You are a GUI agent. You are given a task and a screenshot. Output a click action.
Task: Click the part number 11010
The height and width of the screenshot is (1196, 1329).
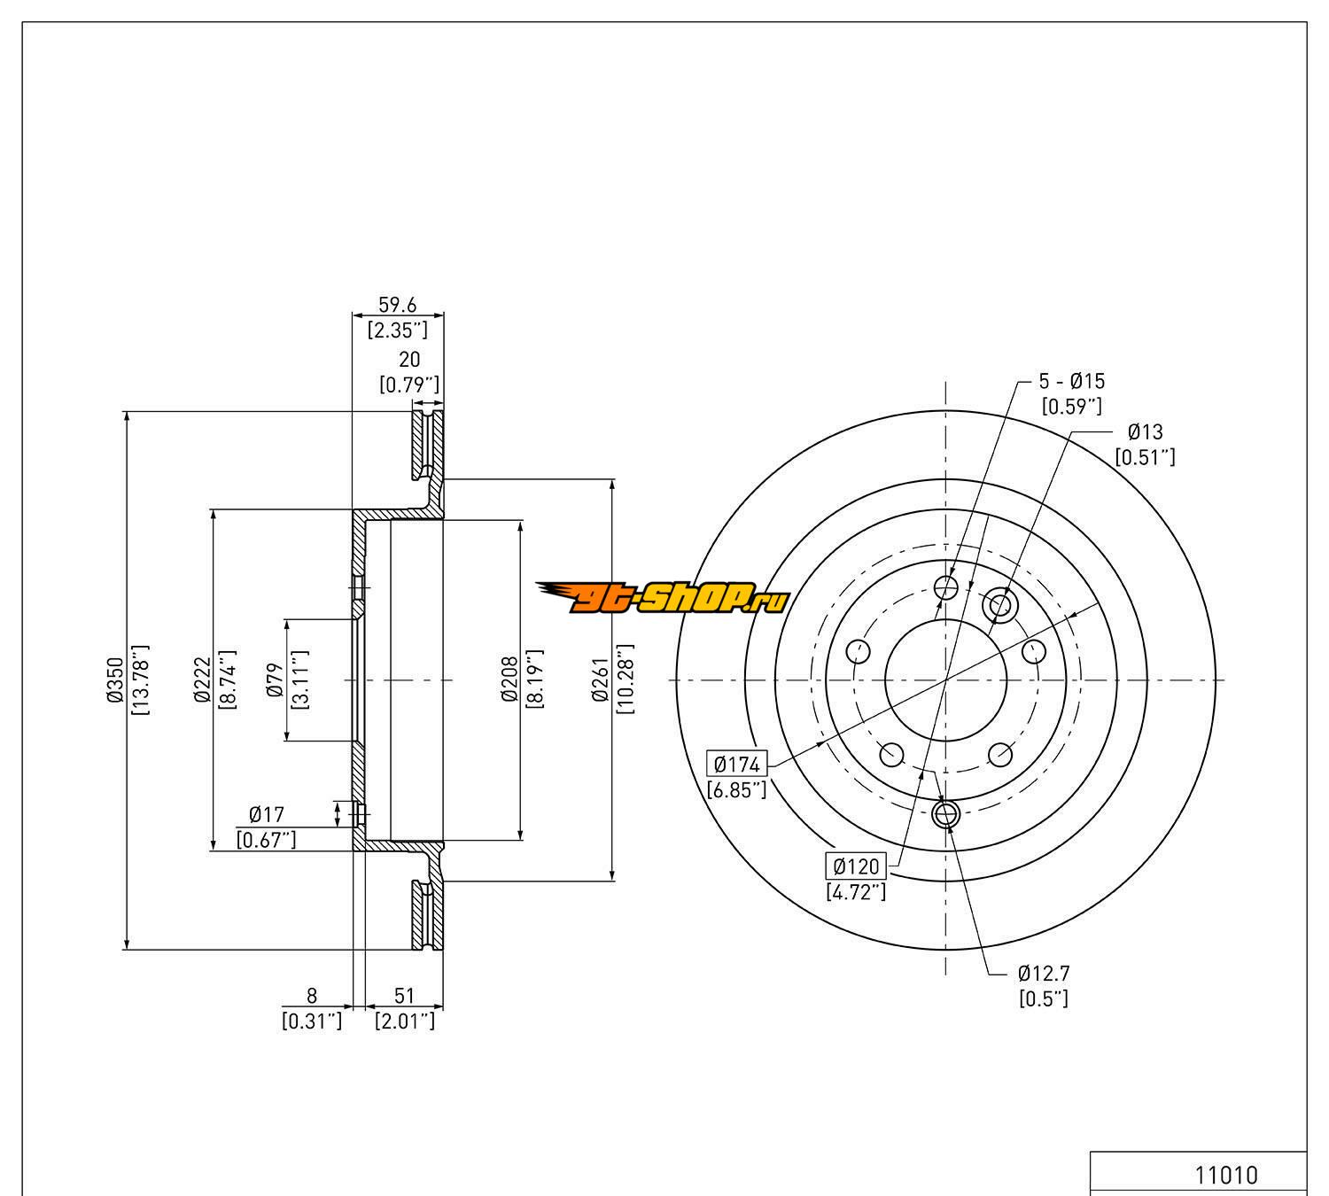pyautogui.click(x=1226, y=1175)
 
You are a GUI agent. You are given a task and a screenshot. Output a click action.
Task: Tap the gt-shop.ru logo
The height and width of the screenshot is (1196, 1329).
pyautogui.click(x=662, y=600)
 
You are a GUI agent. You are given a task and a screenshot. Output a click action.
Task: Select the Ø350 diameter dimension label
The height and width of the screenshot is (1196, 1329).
pyautogui.click(x=114, y=680)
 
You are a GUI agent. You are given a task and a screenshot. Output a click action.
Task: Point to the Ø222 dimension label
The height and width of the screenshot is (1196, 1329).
pyautogui.click(x=201, y=680)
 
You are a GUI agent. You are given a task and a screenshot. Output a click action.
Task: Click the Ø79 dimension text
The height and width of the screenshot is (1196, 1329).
pyautogui.click(x=274, y=680)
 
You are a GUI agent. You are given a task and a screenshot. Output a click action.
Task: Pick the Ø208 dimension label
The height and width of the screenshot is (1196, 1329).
pyautogui.click(x=509, y=680)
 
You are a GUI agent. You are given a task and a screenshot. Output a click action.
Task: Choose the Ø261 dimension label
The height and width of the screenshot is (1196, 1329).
pyautogui.click(x=601, y=680)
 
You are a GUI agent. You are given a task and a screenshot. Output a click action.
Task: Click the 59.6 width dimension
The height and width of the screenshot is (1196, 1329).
pyautogui.click(x=398, y=305)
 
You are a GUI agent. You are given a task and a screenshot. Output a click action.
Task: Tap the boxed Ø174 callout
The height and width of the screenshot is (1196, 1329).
pyautogui.click(x=737, y=764)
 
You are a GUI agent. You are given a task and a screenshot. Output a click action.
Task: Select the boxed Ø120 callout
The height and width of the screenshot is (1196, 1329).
pyautogui.click(x=856, y=866)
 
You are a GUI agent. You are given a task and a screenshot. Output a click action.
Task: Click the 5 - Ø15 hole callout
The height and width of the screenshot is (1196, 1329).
pyautogui.click(x=1072, y=382)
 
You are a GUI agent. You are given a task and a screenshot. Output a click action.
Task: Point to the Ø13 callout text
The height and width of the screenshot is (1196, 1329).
pyautogui.click(x=1145, y=432)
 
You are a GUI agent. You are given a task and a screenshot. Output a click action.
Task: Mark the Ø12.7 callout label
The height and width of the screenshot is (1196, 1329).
pyautogui.click(x=1044, y=974)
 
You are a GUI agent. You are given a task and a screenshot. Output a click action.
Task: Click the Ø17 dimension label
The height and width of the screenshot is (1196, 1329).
pyautogui.click(x=266, y=814)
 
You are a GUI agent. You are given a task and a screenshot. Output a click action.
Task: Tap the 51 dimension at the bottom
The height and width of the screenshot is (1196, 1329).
pyautogui.click(x=404, y=997)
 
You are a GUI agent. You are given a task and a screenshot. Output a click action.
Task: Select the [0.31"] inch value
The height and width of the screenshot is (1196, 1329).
pyautogui.click(x=312, y=1021)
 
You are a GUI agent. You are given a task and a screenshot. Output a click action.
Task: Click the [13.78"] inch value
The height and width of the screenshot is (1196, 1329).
pyautogui.click(x=140, y=680)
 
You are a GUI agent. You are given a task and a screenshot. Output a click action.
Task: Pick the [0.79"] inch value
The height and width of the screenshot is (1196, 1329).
pyautogui.click(x=409, y=384)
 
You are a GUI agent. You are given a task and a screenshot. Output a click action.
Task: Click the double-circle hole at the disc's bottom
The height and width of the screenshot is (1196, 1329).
pyautogui.click(x=946, y=813)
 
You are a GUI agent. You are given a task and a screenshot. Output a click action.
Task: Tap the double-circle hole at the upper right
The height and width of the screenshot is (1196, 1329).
pyautogui.click(x=999, y=605)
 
